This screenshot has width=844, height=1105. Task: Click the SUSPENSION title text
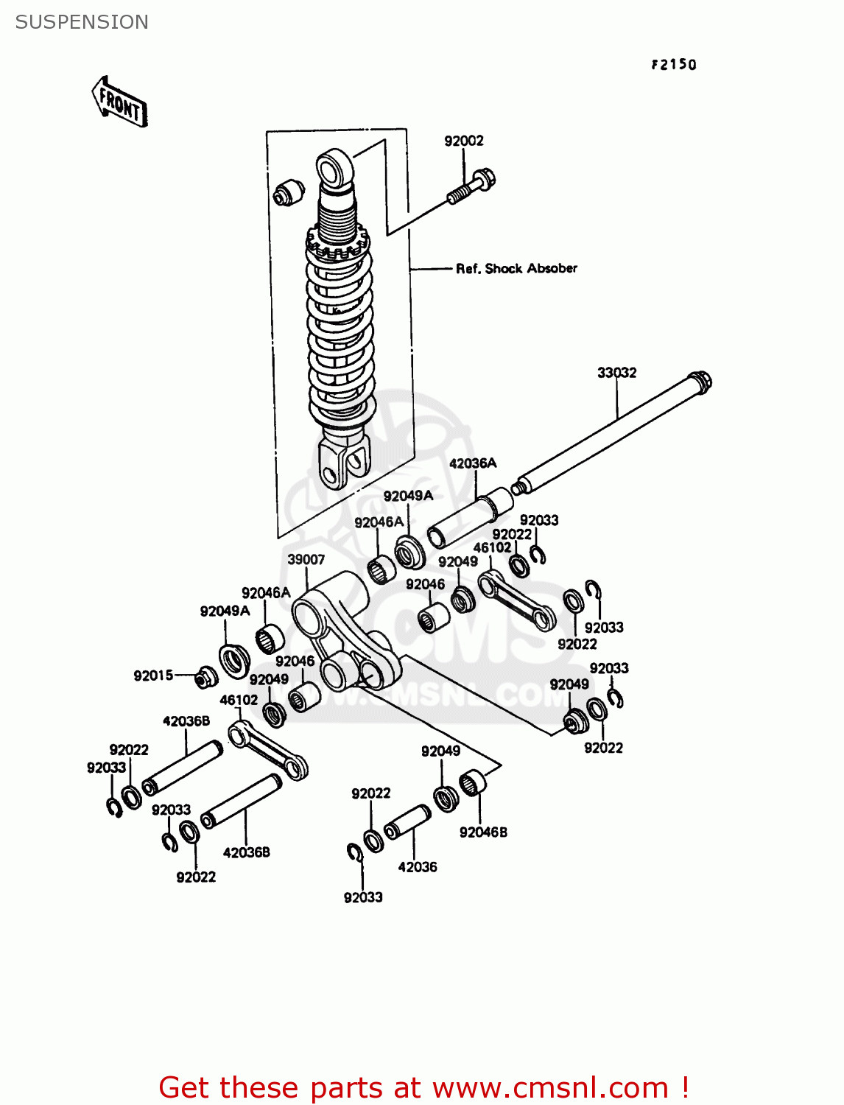pos(82,22)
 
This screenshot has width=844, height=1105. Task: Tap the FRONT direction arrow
pos(119,102)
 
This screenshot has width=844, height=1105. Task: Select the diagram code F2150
pos(673,65)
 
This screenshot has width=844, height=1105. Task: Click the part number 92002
pos(463,141)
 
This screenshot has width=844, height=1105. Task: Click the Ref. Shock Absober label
pos(516,269)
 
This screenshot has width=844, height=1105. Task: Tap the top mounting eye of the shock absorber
pos(335,167)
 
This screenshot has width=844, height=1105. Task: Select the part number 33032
pos(616,373)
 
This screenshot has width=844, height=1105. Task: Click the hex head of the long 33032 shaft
pos(700,382)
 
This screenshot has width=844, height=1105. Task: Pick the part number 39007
pos(306,559)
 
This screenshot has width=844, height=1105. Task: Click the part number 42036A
pos(473,463)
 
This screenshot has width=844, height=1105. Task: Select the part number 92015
pos(153,676)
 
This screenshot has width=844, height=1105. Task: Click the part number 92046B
pos(483,832)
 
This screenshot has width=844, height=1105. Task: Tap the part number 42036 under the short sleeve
pos(417,867)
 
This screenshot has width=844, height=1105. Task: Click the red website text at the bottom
pos(424,1087)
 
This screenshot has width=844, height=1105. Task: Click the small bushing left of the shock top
pos(289,193)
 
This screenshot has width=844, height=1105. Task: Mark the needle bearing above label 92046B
pos(473,782)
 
